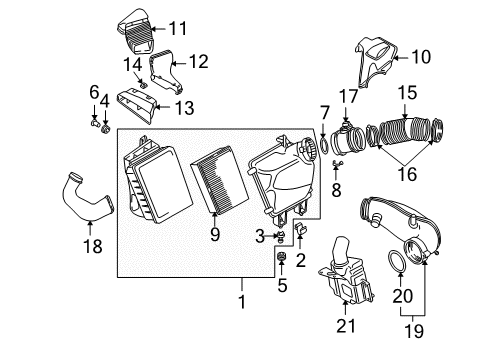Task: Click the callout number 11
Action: pyautogui.click(x=178, y=28)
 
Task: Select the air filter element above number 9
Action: pyautogui.click(x=219, y=180)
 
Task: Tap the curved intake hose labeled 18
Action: pyautogui.click(x=87, y=197)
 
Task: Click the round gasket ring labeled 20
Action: pyautogui.click(x=397, y=261)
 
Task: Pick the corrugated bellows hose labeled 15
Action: pyautogui.click(x=405, y=131)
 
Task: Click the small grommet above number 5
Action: pyautogui.click(x=282, y=256)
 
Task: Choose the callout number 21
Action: pyautogui.click(x=346, y=326)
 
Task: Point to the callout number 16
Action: pyautogui.click(x=407, y=174)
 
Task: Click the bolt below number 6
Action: pyautogui.click(x=94, y=122)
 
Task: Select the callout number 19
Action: pyautogui.click(x=414, y=331)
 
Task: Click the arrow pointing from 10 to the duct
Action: pyautogui.click(x=402, y=58)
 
